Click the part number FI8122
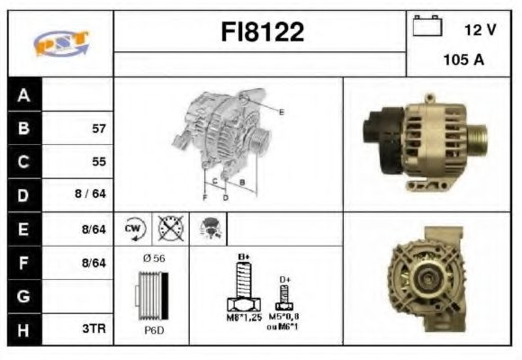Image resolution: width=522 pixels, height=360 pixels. [263, 33]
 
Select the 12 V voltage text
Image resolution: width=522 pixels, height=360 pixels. [481, 30]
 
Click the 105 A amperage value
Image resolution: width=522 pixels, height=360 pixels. [464, 60]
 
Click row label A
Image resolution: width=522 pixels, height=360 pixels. [24, 95]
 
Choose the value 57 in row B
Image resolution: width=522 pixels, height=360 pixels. [99, 128]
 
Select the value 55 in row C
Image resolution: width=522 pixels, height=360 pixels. [99, 162]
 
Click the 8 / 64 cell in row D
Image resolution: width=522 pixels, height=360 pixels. [93, 194]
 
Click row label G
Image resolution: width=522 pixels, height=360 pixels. [24, 295]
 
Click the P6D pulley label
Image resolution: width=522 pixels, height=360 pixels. [153, 330]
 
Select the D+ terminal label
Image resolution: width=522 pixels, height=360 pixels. [285, 280]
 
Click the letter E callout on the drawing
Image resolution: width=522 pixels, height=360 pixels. [281, 112]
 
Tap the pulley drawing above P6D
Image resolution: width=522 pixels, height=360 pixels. [152, 295]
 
